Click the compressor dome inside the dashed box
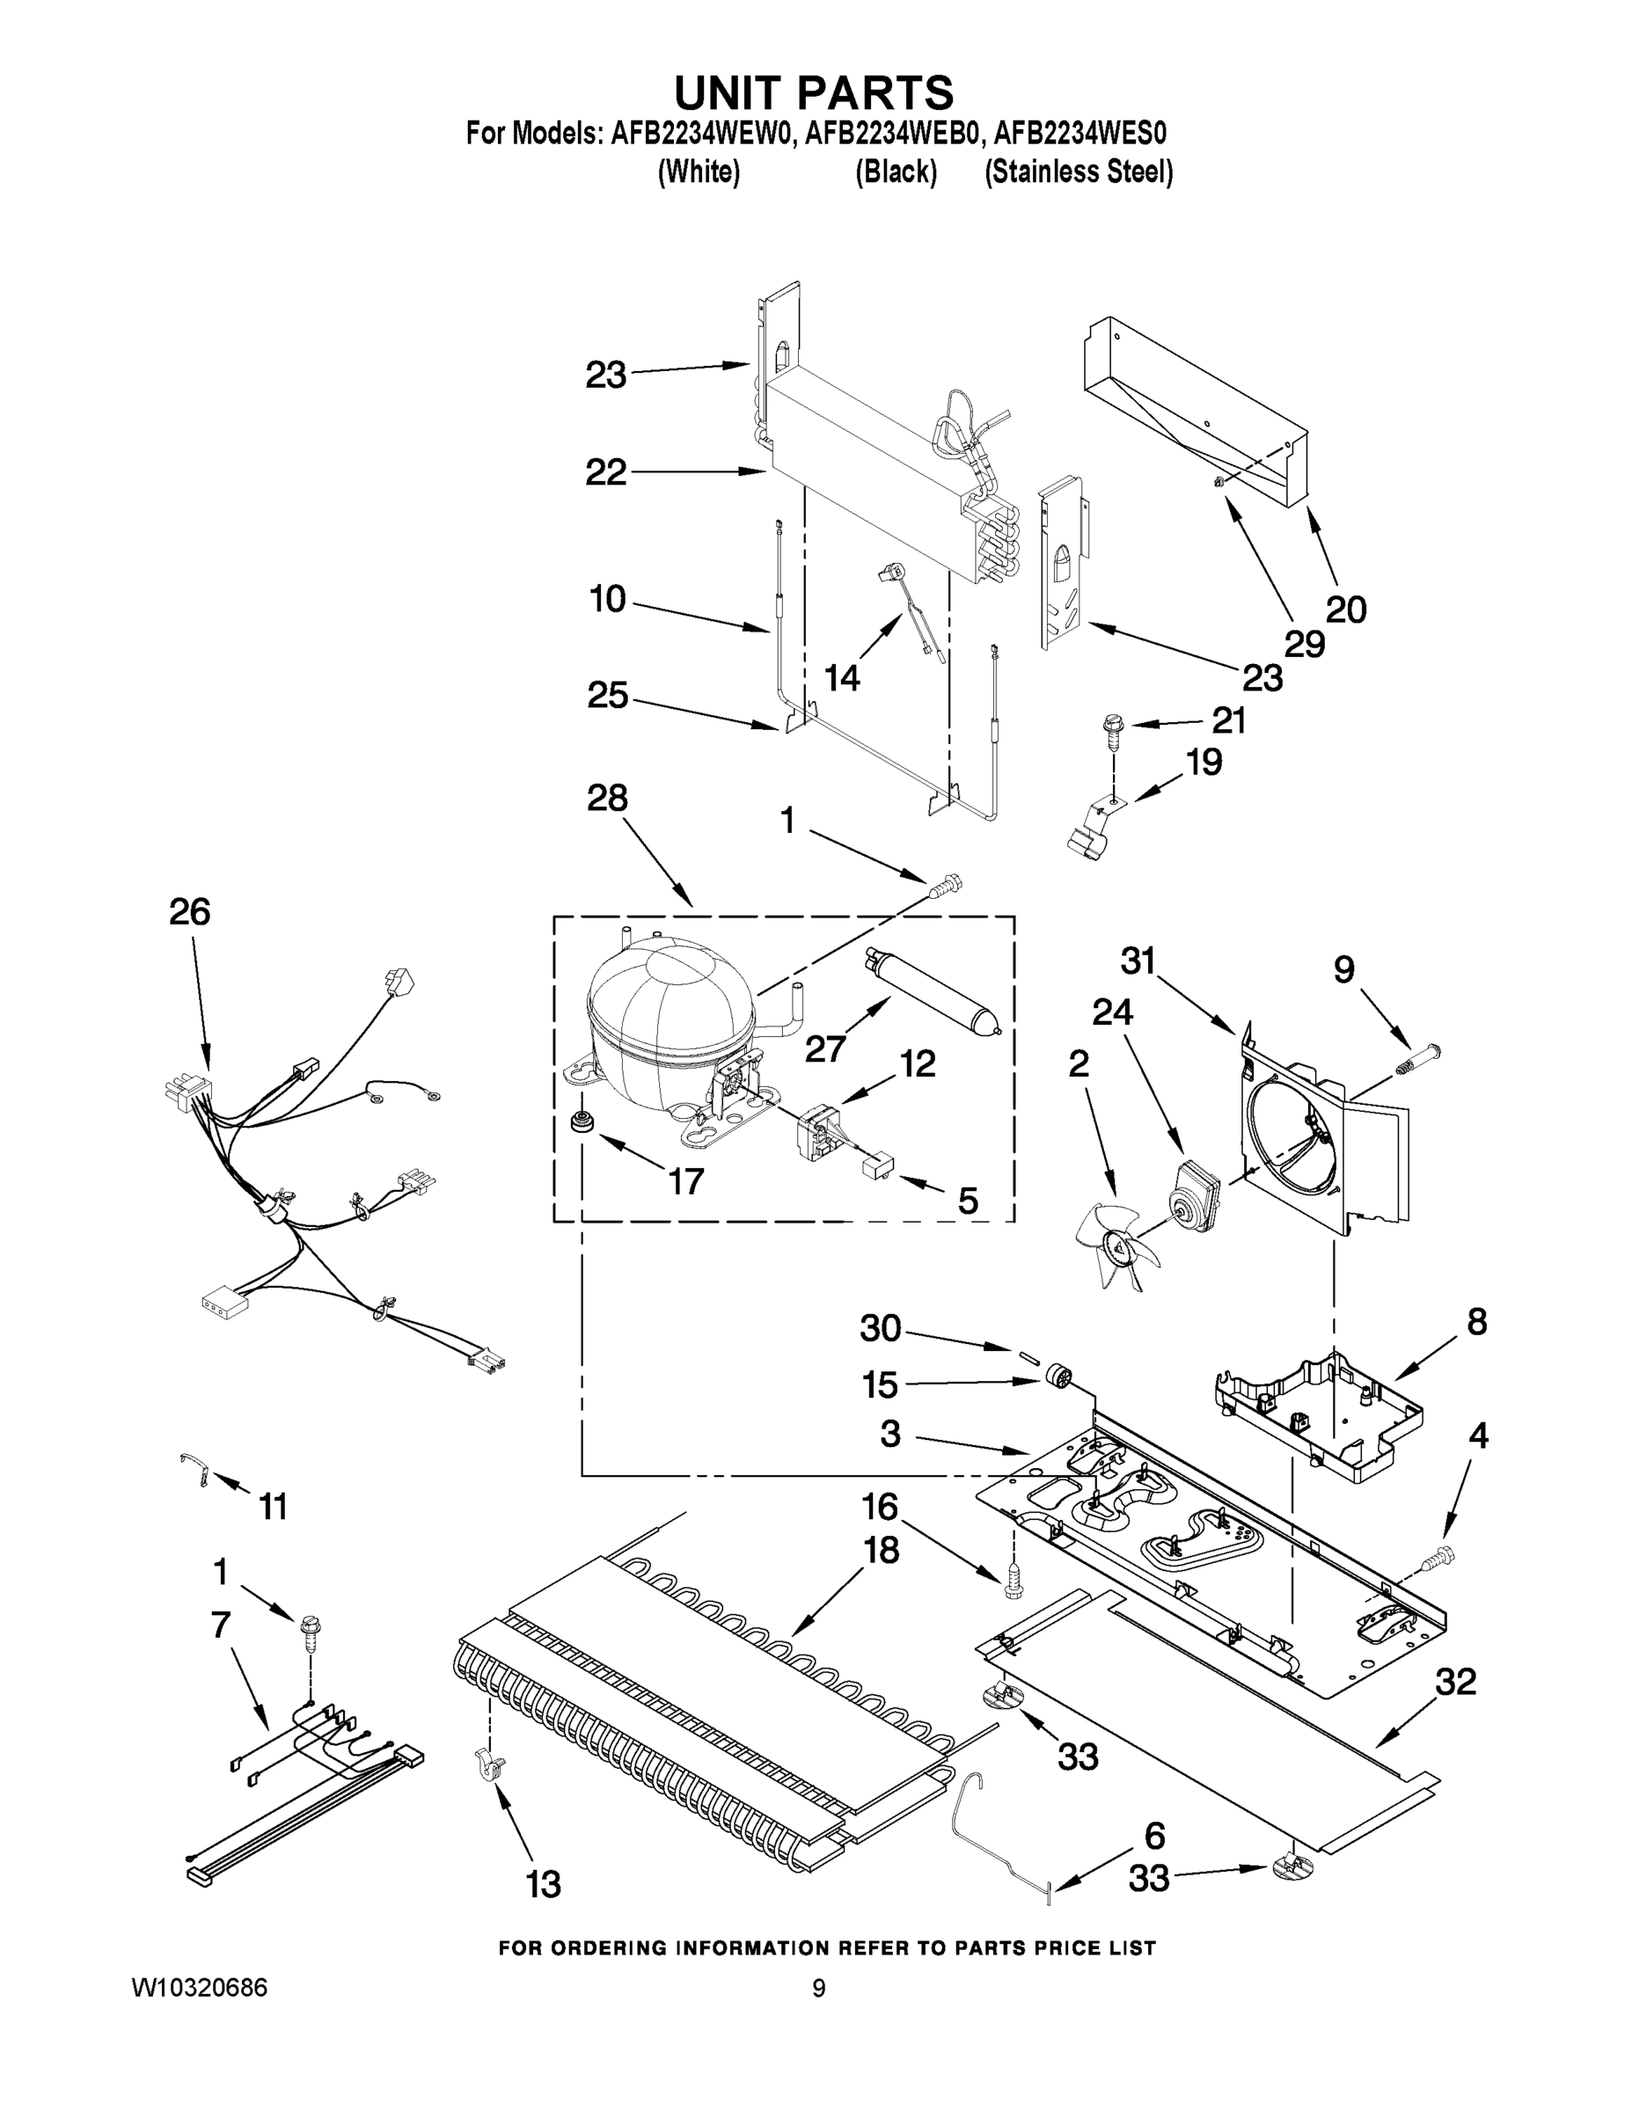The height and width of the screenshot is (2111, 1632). tap(667, 1015)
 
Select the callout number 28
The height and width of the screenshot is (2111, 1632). tap(607, 799)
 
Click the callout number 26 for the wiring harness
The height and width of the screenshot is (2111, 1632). tap(189, 911)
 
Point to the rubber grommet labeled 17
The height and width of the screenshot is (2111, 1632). tap(583, 1123)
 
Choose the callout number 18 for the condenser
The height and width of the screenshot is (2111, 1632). tap(882, 1551)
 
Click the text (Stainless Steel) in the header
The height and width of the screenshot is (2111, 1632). tap(1078, 172)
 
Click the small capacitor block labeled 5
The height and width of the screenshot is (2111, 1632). tap(878, 1167)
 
